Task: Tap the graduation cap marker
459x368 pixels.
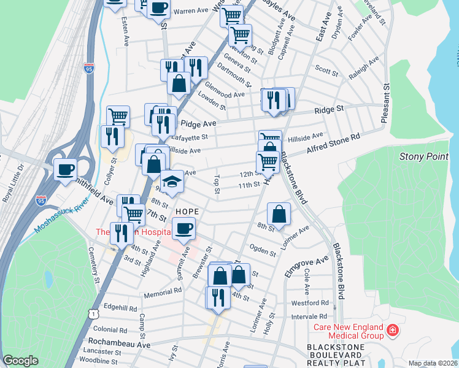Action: (x=172, y=182)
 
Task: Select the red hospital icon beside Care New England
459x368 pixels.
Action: (x=391, y=332)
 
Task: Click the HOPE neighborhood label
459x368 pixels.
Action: (x=187, y=211)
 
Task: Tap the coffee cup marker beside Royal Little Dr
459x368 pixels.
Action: (x=65, y=170)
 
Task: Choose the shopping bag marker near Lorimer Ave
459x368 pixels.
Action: (x=279, y=214)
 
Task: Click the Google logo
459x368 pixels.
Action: (x=21, y=361)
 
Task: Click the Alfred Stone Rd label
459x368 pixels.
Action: (x=333, y=145)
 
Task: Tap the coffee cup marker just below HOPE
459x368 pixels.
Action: (x=183, y=229)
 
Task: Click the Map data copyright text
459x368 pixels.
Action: (x=432, y=364)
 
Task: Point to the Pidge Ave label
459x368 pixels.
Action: (x=191, y=123)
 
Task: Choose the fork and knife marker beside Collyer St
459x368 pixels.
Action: (x=112, y=136)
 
